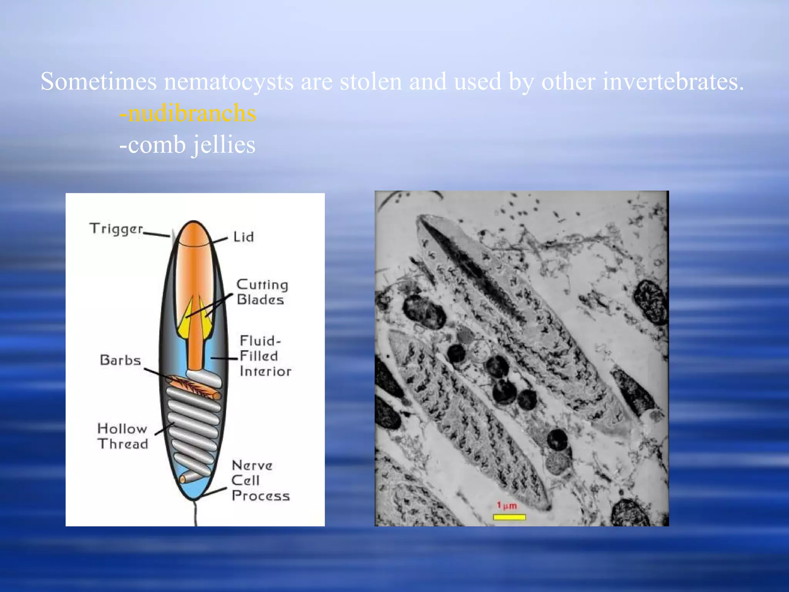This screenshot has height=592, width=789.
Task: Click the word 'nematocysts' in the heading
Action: (228, 82)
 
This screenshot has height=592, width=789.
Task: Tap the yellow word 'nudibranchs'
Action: (191, 114)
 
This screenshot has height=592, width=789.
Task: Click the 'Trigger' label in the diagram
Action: (116, 229)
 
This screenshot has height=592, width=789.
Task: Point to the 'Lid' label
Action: (243, 237)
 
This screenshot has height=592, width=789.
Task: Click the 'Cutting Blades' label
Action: (262, 292)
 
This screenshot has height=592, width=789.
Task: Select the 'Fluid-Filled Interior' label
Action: (265, 356)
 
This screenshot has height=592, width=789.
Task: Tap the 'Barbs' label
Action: (120, 360)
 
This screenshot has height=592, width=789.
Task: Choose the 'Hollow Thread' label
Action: (123, 436)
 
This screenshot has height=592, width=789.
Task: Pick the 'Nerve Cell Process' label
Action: (260, 481)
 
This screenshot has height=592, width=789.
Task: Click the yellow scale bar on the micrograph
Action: (509, 517)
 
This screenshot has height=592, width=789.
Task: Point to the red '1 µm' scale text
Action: (507, 505)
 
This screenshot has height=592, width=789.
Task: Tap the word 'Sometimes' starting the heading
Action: (99, 81)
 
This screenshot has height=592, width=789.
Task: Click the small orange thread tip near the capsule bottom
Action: (183, 479)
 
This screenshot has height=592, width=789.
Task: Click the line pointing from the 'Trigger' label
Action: (156, 234)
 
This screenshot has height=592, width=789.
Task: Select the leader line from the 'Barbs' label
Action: (156, 373)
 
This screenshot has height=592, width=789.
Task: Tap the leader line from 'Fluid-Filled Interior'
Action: (224, 358)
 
